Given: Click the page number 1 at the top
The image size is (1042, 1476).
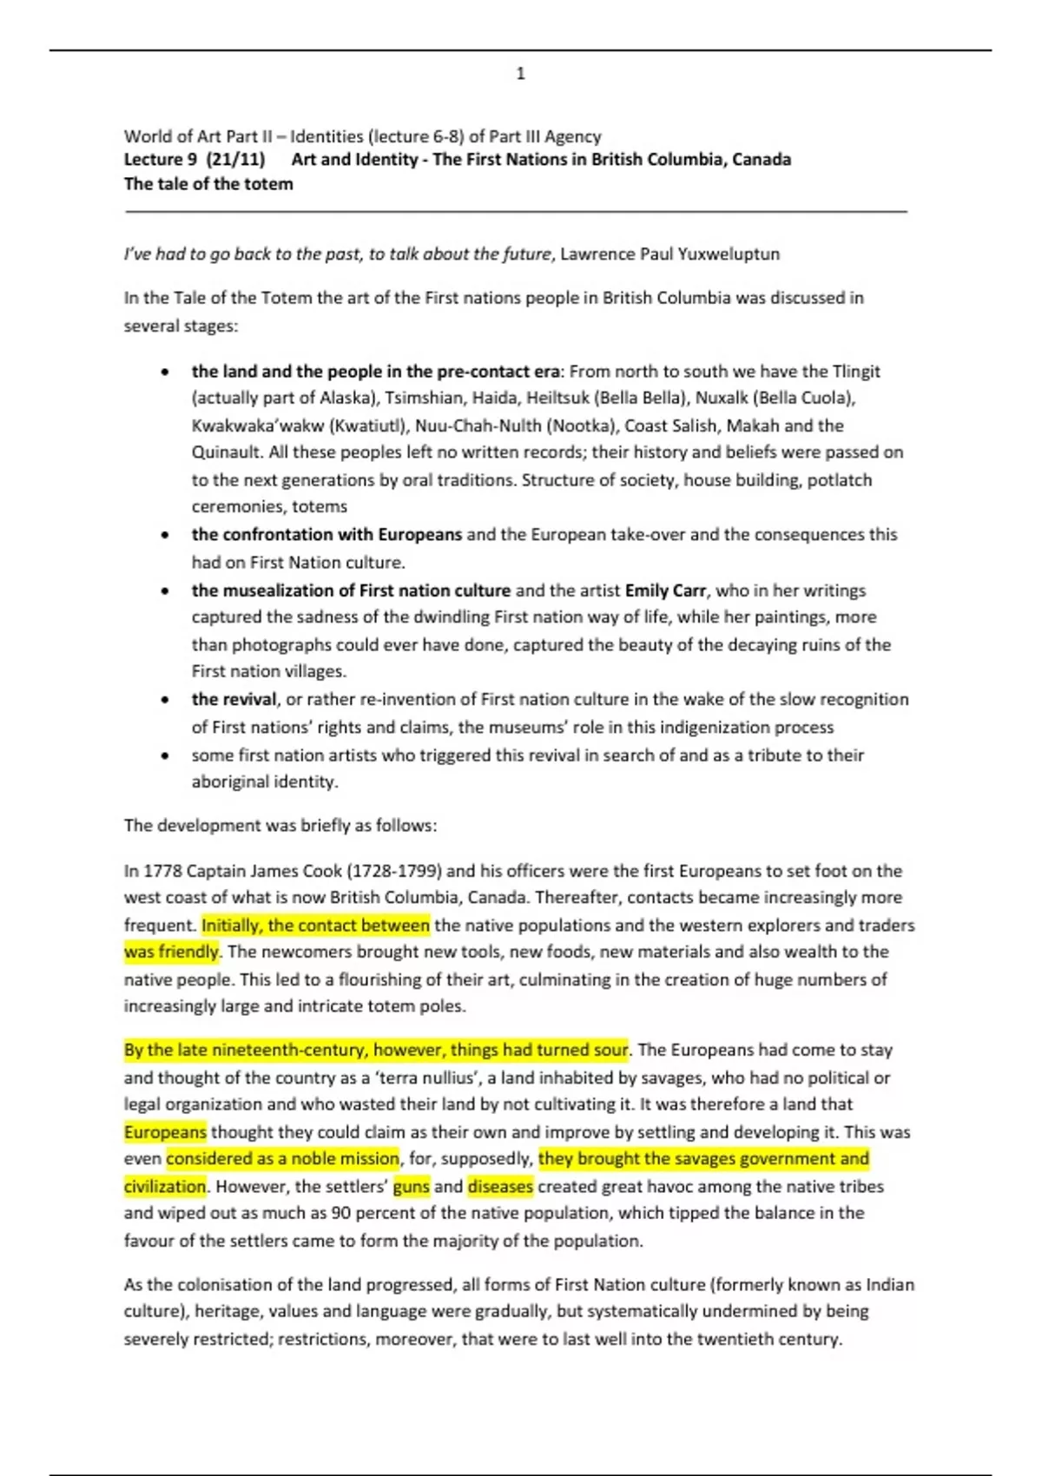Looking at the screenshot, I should (520, 74).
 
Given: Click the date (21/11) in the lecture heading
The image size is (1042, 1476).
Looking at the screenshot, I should (236, 160).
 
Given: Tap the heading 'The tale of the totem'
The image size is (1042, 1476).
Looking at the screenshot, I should (208, 184).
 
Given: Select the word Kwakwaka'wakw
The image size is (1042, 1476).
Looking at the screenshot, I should (257, 426).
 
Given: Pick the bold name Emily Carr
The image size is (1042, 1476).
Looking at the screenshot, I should (664, 591).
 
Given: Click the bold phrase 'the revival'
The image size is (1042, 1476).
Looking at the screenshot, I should (234, 700).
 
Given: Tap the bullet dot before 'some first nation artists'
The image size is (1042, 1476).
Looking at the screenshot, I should (165, 756).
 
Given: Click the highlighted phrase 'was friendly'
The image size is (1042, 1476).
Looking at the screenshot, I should (171, 952).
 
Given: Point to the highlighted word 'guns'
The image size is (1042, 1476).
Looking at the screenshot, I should (412, 1187).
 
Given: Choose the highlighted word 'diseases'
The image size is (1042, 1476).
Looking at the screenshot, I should (500, 1187).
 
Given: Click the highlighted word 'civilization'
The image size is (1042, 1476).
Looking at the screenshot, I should (165, 1187).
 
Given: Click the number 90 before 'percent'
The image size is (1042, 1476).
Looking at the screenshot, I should (341, 1213).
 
